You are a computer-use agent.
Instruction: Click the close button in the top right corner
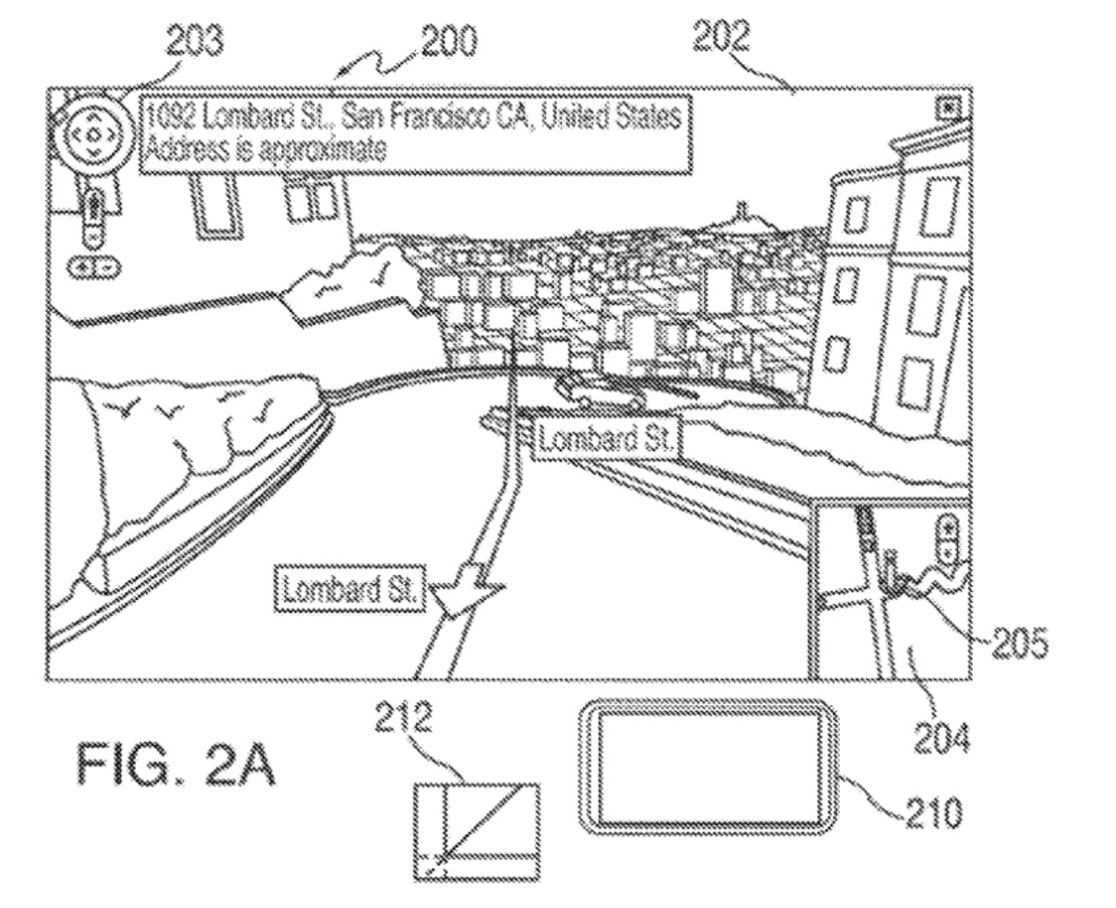[949, 109]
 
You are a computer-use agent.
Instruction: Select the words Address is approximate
[263, 150]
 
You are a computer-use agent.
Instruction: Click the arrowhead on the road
[463, 595]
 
